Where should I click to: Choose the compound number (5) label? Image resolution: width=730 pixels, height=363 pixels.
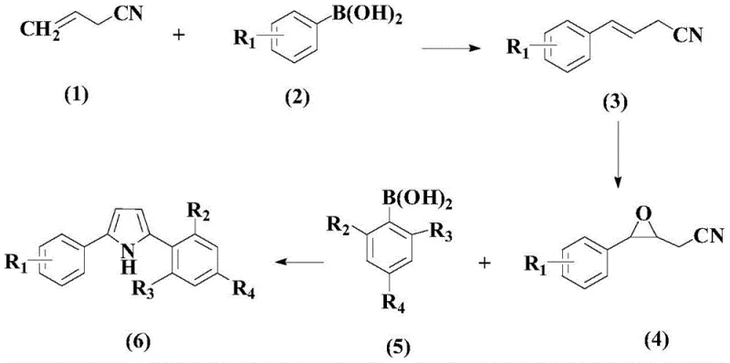point(396,346)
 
